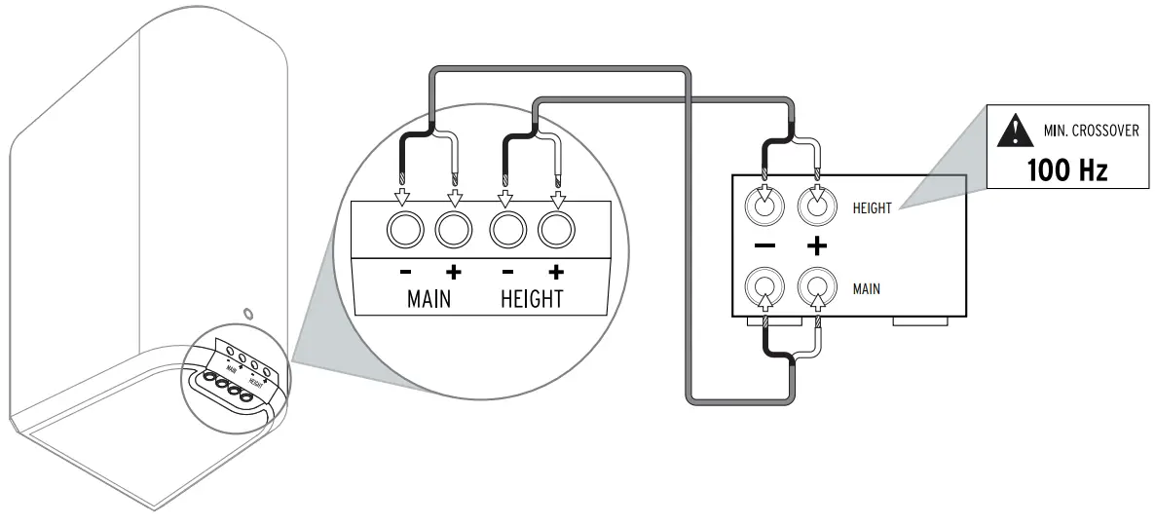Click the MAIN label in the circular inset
point(428,298)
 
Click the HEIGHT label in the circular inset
point(532,298)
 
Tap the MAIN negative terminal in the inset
point(403,231)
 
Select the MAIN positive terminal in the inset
point(454,231)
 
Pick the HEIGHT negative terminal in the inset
point(505,231)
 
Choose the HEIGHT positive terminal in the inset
point(556,231)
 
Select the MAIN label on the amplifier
point(867,288)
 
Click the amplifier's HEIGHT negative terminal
point(764,206)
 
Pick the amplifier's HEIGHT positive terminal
point(817,206)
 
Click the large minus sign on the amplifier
point(764,246)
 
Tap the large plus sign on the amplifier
point(817,246)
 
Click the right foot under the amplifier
point(920,319)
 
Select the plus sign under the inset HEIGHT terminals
point(556,272)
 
